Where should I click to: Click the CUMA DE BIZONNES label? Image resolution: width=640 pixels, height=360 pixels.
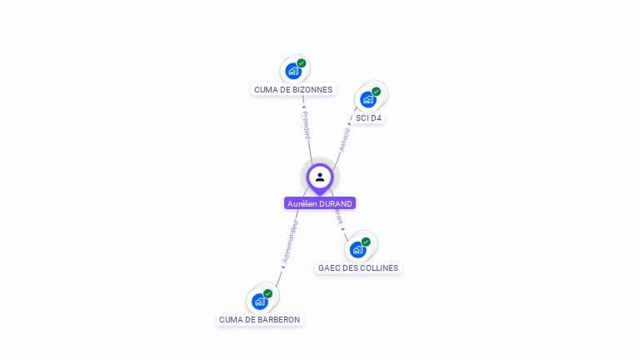tap(293, 90)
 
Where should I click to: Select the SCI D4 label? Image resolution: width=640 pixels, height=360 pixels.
tap(368, 118)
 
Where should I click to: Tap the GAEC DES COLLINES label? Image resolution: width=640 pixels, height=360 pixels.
tap(358, 268)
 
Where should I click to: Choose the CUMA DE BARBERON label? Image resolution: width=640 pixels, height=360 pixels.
tap(259, 320)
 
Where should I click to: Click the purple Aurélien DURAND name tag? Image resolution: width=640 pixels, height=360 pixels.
tap(320, 203)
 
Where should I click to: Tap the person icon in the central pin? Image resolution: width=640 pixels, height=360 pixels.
tap(320, 177)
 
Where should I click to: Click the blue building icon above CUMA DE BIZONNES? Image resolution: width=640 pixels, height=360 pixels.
tap(292, 71)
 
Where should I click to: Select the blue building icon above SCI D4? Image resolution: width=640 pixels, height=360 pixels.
tap(367, 99)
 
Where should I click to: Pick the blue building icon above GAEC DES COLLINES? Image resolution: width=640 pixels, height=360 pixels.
tap(357, 249)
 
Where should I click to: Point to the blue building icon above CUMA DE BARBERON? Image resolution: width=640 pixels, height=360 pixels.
tap(259, 301)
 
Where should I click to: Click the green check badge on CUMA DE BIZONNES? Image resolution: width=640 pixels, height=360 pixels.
tap(302, 63)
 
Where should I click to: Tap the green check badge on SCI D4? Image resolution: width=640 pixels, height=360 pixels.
tap(377, 92)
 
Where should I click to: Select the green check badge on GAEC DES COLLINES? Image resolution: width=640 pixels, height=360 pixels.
tap(366, 242)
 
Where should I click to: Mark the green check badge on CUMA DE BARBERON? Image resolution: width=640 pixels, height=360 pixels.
tap(268, 293)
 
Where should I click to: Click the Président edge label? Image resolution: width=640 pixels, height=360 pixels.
tap(307, 124)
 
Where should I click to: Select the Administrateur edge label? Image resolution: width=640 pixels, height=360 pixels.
tap(290, 242)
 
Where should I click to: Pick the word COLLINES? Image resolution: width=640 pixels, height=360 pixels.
tap(379, 268)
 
